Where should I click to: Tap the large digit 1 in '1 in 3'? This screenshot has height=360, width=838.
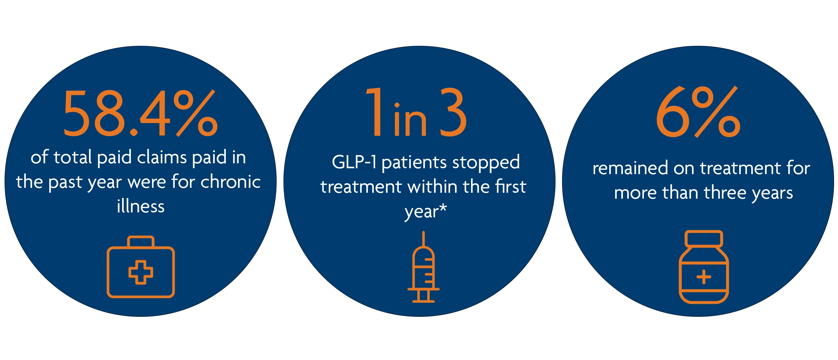(x=376, y=112)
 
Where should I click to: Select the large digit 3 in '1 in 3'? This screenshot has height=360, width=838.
(x=453, y=112)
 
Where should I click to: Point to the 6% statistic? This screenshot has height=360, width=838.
(x=698, y=112)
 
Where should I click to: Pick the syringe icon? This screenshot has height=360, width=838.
(x=423, y=267)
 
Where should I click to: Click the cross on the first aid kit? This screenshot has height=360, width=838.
(x=141, y=272)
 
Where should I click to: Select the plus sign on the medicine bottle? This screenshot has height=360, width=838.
(x=704, y=277)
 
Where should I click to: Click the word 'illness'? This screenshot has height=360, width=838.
(x=141, y=206)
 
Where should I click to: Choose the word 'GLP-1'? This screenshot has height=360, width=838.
(x=354, y=162)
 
